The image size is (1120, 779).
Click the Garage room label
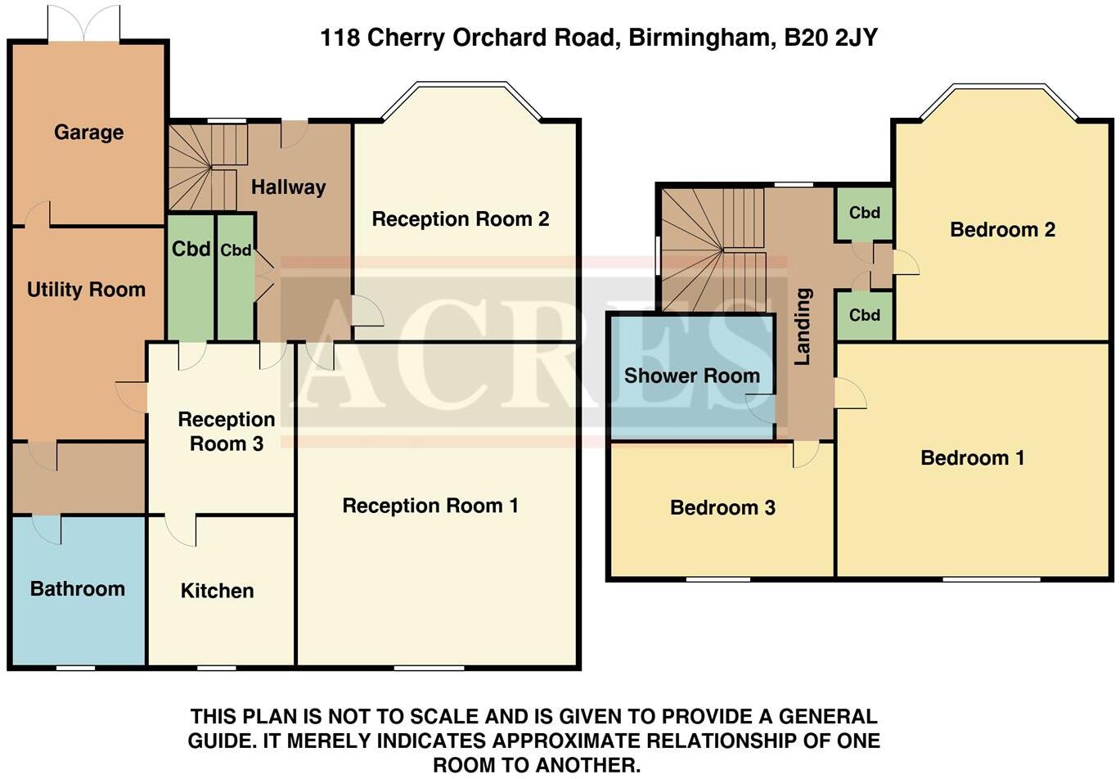click(88, 133)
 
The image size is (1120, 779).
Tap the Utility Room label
click(86, 290)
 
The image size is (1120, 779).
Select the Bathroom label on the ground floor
click(78, 589)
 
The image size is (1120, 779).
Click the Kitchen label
click(217, 591)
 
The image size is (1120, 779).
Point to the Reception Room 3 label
click(227, 432)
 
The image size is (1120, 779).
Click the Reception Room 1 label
click(430, 506)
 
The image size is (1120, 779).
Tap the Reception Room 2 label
click(461, 219)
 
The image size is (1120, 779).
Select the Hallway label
click(288, 187)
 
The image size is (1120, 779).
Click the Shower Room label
click(692, 376)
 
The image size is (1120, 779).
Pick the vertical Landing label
click(803, 326)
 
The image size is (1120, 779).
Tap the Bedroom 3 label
click(722, 508)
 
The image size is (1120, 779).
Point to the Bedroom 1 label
click(972, 458)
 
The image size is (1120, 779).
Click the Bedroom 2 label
click(1002, 230)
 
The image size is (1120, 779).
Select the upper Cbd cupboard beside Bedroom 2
click(864, 213)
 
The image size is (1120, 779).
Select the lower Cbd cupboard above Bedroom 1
click(864, 315)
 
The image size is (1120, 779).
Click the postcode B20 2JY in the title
click(830, 38)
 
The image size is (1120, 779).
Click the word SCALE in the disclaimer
click(445, 717)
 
